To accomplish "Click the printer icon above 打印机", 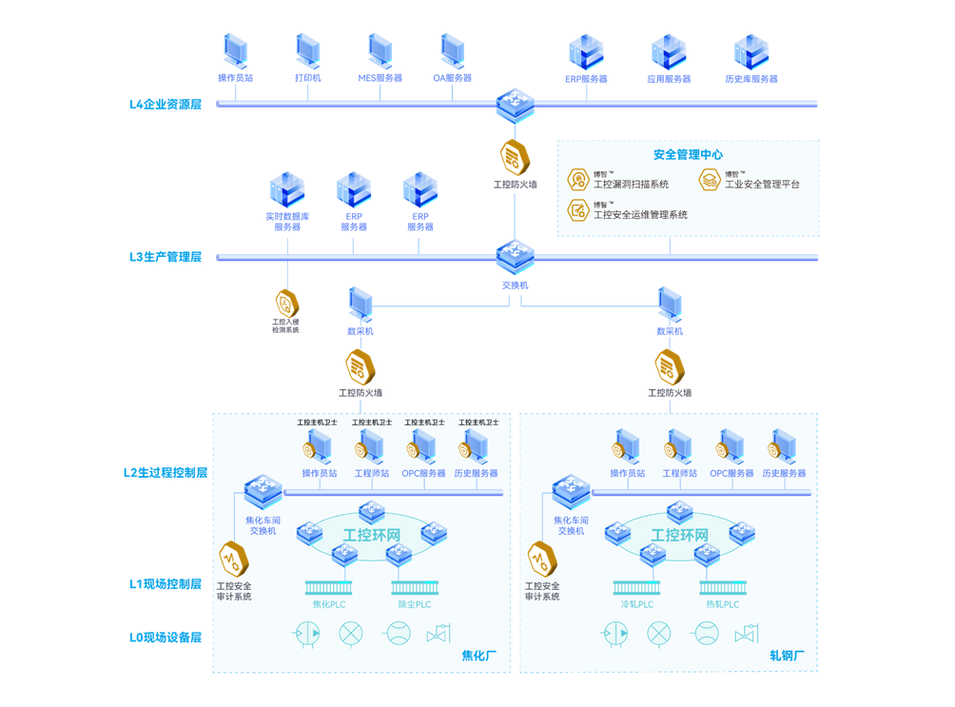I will (x=307, y=50).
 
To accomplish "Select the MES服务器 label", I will (x=380, y=78).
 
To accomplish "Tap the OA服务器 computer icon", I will (x=453, y=50).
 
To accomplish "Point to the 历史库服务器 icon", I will (x=751, y=52).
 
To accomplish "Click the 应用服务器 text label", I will (x=669, y=79).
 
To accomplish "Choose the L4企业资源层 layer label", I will (x=166, y=104).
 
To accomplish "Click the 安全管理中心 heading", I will (x=688, y=154).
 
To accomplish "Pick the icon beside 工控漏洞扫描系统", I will (x=578, y=180).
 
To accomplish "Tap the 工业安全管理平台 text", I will (x=762, y=185).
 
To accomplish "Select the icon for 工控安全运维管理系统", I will (x=578, y=210).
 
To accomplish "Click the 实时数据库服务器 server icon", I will (x=287, y=191).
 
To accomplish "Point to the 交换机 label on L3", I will (x=515, y=285).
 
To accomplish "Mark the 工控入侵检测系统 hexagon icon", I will (x=286, y=304).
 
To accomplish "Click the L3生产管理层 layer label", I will (x=166, y=257).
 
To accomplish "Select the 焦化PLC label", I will (x=329, y=604).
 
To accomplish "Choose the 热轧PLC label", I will (x=723, y=604).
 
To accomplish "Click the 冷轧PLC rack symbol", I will (x=636, y=588).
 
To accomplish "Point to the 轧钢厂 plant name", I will (x=788, y=656).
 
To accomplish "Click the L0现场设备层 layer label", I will (x=166, y=637).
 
